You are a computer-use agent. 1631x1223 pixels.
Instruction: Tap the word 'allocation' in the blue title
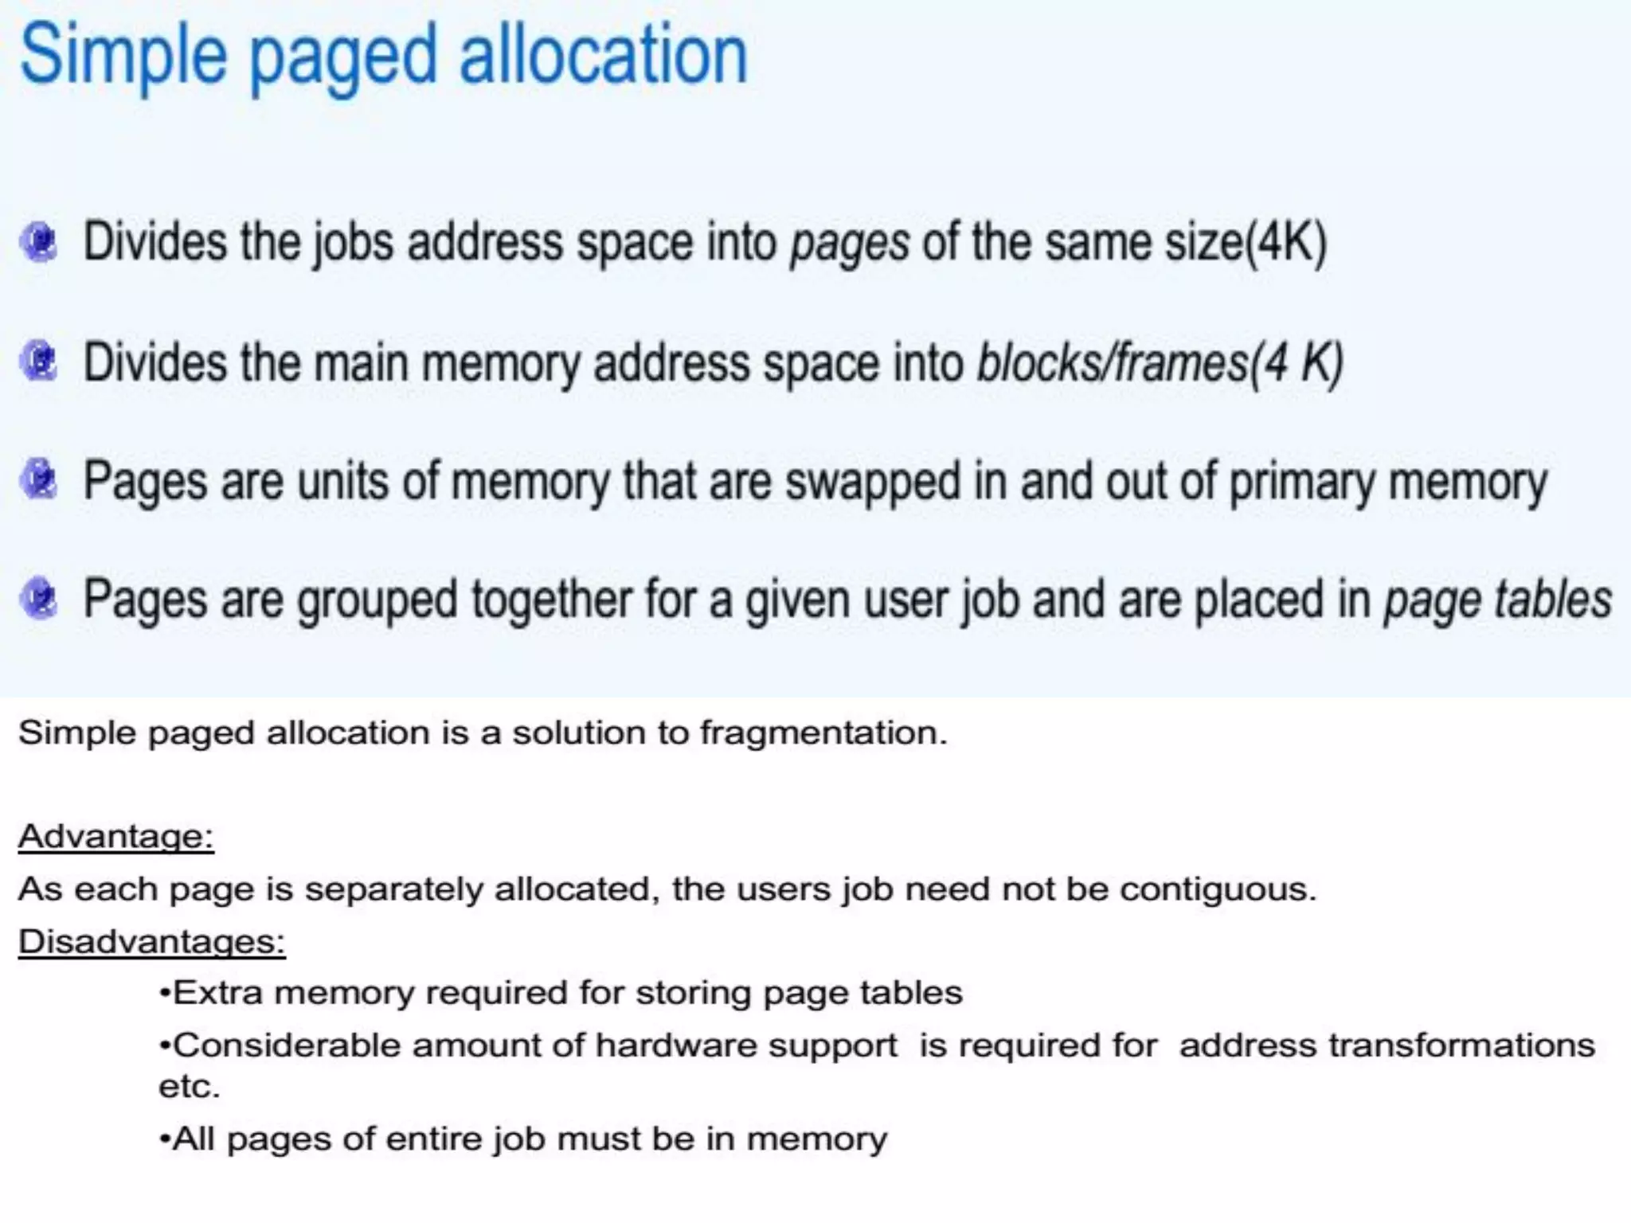[604, 56]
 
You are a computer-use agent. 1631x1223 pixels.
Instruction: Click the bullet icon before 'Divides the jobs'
[39, 242]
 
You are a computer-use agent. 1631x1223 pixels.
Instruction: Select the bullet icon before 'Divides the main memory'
[39, 361]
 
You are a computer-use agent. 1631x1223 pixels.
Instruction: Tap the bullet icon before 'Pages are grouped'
[39, 600]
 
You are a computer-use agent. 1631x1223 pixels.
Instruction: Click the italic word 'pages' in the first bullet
[849, 244]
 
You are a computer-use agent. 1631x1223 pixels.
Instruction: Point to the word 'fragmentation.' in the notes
[823, 733]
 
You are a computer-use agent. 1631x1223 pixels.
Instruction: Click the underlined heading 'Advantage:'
[116, 837]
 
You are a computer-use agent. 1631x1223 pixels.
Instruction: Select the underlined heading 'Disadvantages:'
[151, 942]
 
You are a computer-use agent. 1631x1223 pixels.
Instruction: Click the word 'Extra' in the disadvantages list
[217, 994]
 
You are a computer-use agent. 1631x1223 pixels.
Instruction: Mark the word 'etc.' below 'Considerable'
[189, 1087]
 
